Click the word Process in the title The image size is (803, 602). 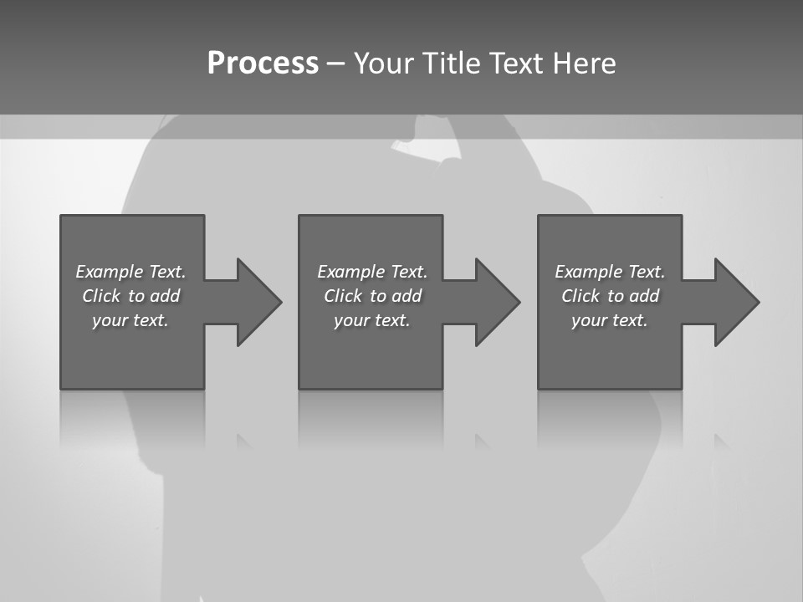tap(263, 64)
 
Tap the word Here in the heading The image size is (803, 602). tap(583, 64)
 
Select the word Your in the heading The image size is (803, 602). tap(383, 64)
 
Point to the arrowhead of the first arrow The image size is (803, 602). tap(258, 302)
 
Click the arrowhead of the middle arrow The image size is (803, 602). tap(498, 302)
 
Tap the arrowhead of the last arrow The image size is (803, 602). tap(736, 302)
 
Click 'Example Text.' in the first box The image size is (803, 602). tap(130, 272)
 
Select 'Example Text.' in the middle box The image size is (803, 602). tap(372, 272)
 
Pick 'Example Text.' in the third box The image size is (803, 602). tap(610, 272)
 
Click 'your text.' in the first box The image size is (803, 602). tap(130, 320)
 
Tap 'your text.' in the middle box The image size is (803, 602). tap(372, 320)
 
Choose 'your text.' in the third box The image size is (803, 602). tap(610, 320)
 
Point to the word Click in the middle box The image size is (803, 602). tap(343, 296)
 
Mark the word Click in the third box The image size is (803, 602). tap(581, 296)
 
